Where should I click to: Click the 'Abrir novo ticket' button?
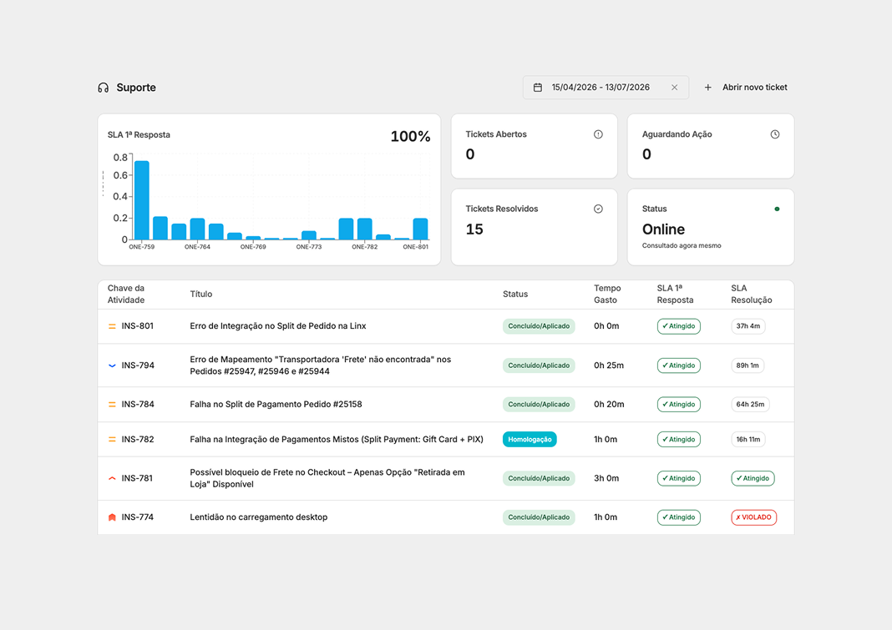click(746, 88)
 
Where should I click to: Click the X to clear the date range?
click(674, 88)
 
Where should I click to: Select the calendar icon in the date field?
click(538, 88)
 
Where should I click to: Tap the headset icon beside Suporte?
click(103, 88)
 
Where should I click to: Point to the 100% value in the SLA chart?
click(410, 137)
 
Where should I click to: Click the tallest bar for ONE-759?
click(142, 200)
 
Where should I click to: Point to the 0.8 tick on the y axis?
click(120, 158)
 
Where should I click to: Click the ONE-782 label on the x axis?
click(364, 247)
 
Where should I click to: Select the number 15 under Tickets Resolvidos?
click(474, 229)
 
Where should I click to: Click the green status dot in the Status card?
click(777, 209)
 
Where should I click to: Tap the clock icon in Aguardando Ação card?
click(775, 134)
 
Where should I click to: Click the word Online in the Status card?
click(663, 229)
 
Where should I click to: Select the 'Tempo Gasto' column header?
click(607, 294)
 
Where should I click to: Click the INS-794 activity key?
click(138, 365)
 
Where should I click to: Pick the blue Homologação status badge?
click(530, 440)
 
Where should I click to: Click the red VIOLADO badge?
click(753, 517)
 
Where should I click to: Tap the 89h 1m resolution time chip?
click(748, 365)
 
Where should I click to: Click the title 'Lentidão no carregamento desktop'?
click(259, 517)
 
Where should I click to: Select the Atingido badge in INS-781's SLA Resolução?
click(753, 478)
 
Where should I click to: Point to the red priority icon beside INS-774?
click(112, 517)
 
